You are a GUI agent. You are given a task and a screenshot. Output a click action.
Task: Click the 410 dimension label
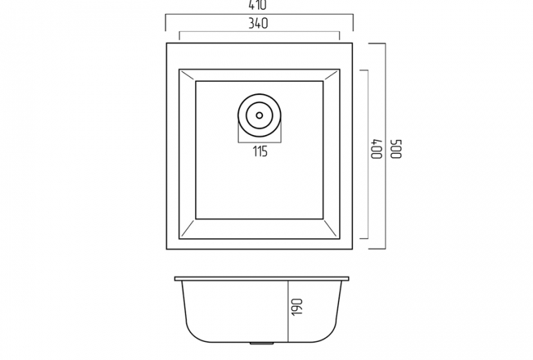pos(258,5)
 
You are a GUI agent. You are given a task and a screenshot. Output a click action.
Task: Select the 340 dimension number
pos(258,24)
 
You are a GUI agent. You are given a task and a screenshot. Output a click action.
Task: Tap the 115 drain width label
pos(260,152)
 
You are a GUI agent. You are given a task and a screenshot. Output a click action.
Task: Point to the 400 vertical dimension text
pos(377,149)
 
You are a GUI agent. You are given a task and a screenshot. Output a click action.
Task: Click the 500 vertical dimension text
pos(396,149)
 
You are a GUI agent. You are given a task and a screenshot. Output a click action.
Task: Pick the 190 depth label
pos(297,307)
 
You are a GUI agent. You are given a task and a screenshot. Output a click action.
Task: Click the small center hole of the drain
pos(260,115)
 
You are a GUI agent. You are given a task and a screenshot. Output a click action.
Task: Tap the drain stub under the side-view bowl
pos(262,343)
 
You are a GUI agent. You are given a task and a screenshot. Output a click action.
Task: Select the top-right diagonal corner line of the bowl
pos(332,75)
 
